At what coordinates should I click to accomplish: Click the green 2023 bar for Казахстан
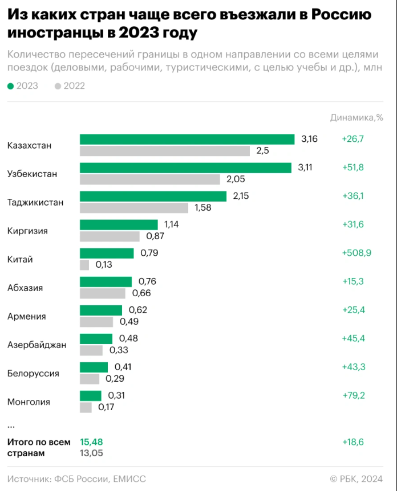coord(187,139)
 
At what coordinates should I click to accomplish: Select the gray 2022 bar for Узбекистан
coord(150,179)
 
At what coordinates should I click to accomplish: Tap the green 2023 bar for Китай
coord(107,253)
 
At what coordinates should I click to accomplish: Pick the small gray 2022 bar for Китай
coord(84,265)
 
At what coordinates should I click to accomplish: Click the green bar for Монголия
coord(91,396)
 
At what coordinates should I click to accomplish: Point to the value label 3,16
coord(309,139)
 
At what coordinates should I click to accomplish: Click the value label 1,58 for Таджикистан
coord(203,208)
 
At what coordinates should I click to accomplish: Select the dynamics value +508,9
coord(357,253)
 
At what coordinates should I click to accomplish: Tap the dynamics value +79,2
coord(353,396)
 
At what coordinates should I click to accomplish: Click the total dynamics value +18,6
coord(353,441)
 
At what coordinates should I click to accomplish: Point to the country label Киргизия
coord(27,231)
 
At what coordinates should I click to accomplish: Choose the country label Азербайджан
coord(37,345)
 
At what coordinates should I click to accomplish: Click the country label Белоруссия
coord(33,374)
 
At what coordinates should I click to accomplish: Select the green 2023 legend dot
coord(10,86)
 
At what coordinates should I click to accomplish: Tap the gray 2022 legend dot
coord(58,86)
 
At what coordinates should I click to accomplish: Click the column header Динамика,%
coord(357,118)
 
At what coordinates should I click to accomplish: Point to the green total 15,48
coord(91,441)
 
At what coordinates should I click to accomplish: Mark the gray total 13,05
coord(91,453)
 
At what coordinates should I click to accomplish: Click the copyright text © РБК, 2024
coord(360,479)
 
